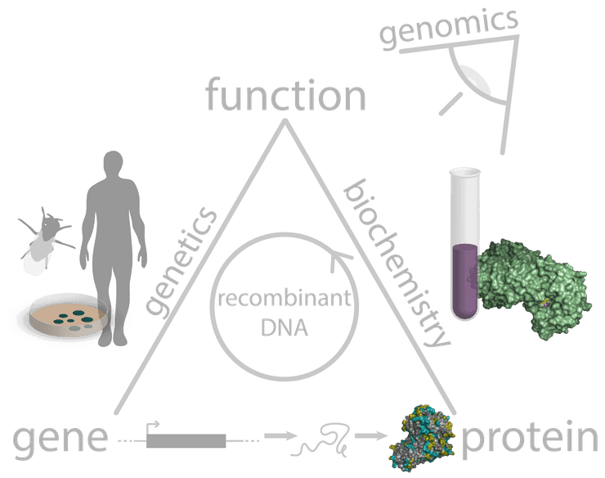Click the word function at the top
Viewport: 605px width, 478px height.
click(x=285, y=97)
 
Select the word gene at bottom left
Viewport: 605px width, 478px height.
click(x=60, y=440)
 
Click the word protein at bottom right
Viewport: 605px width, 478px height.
click(x=529, y=440)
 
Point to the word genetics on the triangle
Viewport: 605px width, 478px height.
click(x=181, y=262)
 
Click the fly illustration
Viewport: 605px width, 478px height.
click(x=46, y=241)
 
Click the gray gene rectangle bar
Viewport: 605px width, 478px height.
click(x=186, y=440)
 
